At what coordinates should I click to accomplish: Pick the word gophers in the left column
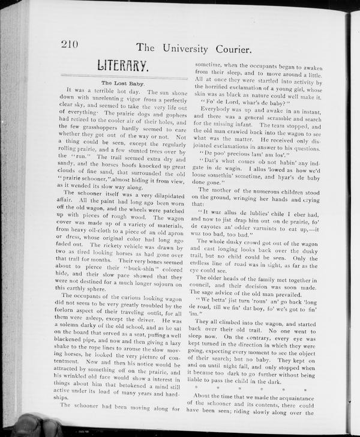[170, 112]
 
